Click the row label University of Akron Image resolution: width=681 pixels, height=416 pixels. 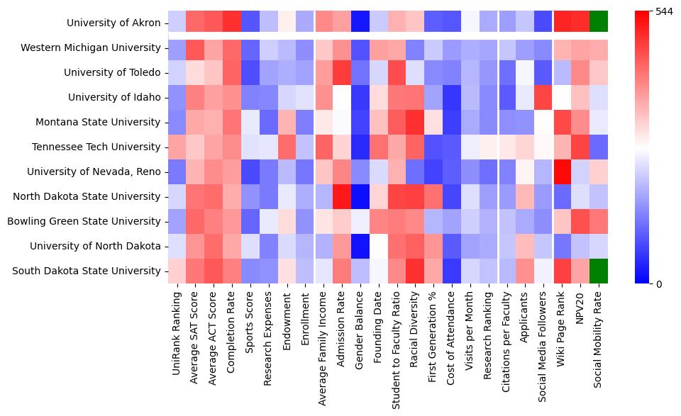coord(113,23)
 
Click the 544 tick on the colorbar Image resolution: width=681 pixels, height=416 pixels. coord(664,12)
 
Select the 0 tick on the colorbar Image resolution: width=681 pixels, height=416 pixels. coord(659,283)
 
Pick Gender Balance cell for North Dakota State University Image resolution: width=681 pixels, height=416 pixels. coord(362,196)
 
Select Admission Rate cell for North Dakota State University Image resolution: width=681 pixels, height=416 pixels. coord(343,196)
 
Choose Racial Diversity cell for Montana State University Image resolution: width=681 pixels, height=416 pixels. coord(416,122)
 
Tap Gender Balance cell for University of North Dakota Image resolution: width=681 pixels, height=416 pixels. coord(362,246)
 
